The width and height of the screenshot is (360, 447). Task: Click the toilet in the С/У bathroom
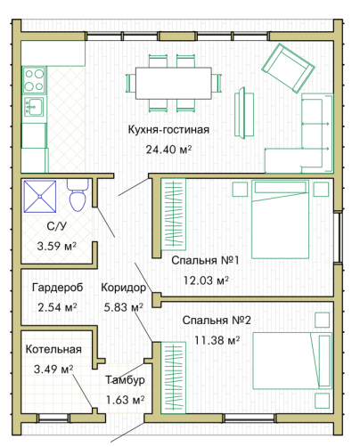click(x=78, y=195)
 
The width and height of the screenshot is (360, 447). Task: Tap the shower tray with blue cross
click(x=40, y=197)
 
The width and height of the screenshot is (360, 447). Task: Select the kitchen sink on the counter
click(x=35, y=106)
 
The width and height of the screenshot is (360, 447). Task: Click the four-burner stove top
click(x=35, y=80)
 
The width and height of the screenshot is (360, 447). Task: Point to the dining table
click(x=174, y=83)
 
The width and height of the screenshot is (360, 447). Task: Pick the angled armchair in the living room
click(x=288, y=69)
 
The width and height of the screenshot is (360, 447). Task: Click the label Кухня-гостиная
click(x=168, y=130)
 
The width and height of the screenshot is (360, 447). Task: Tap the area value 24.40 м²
click(x=168, y=150)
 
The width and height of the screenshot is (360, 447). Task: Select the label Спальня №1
click(x=205, y=260)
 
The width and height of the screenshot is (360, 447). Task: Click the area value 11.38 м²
click(x=217, y=340)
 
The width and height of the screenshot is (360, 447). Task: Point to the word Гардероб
click(x=58, y=288)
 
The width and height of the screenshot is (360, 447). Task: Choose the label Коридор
click(x=124, y=288)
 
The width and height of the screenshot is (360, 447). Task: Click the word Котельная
click(x=53, y=349)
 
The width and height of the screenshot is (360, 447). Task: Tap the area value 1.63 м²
click(x=126, y=400)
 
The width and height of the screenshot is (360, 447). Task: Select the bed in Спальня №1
click(x=280, y=219)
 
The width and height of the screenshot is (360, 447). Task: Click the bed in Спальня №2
click(x=292, y=361)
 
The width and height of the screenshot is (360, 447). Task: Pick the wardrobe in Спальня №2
click(x=174, y=378)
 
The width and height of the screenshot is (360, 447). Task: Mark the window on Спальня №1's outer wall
click(x=338, y=237)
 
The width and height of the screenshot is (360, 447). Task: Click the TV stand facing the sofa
click(x=244, y=113)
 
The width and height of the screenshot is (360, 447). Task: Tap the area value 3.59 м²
click(x=57, y=246)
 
